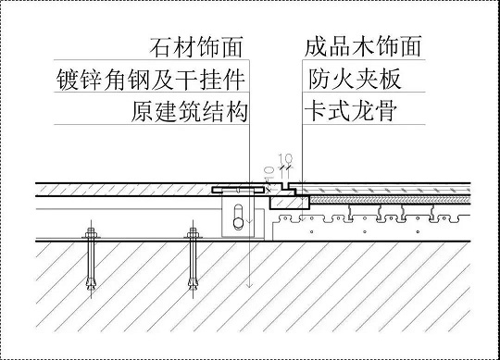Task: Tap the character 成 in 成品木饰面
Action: tap(316, 46)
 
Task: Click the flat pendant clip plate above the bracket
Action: tap(237, 190)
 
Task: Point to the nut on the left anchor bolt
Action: tap(90, 230)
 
